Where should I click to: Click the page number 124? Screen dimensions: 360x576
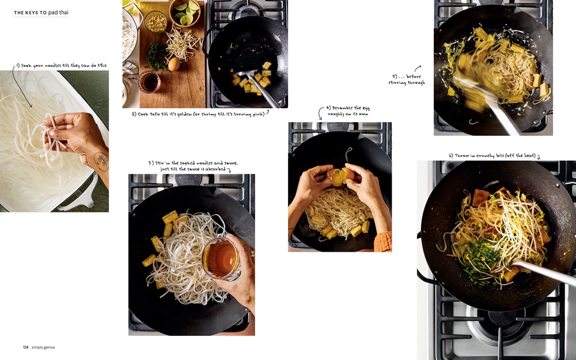coord(26,347)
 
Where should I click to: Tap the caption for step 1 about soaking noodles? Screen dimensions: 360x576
coord(61,66)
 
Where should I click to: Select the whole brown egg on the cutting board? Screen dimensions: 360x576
coord(173,64)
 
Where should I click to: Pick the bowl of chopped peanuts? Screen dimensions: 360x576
coord(155,22)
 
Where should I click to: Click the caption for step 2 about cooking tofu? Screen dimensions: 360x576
coord(198,114)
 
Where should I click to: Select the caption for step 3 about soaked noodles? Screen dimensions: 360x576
coord(192,166)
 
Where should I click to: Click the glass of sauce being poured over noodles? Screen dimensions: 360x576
coord(220,259)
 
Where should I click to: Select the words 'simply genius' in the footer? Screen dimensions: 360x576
coord(43,347)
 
